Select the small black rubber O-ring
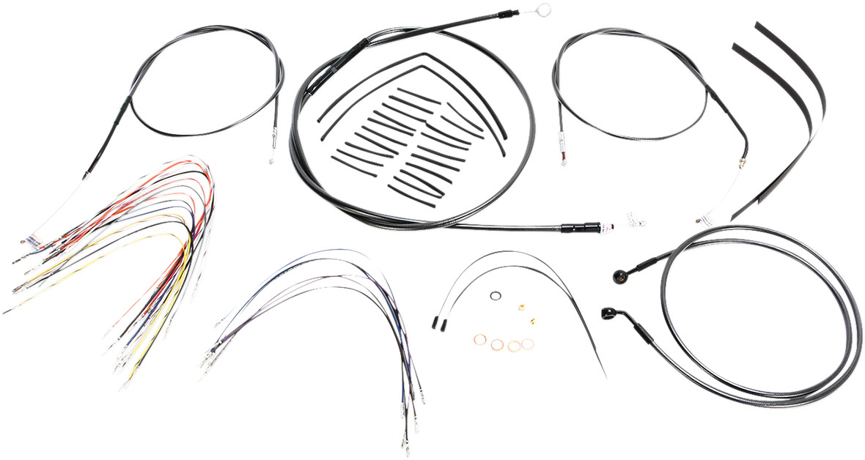pyautogui.click(x=496, y=297)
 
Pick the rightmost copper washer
pyautogui.click(x=527, y=343)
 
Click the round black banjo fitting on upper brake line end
pyautogui.click(x=617, y=276)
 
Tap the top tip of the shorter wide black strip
pyautogui.click(x=734, y=47)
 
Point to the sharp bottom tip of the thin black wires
pyautogui.click(x=605, y=377)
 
